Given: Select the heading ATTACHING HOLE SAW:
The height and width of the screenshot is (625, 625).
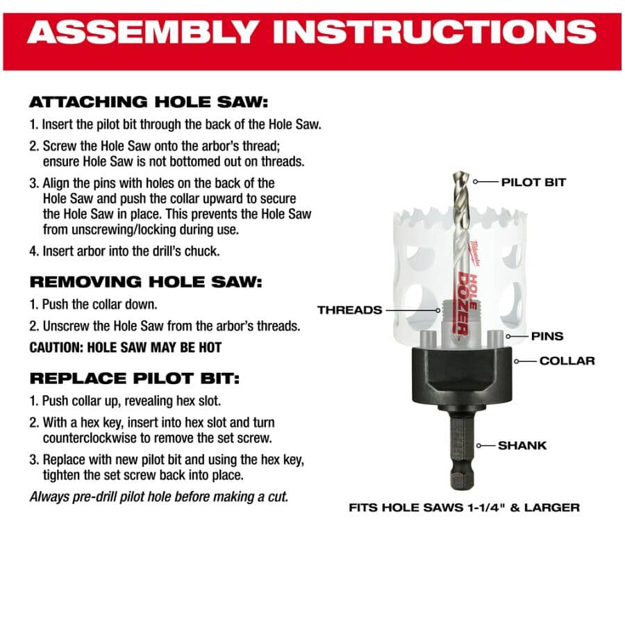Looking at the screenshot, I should tap(148, 102).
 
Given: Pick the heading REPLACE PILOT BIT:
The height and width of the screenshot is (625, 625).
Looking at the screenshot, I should tap(134, 378).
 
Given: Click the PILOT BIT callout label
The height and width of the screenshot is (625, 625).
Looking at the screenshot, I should tap(533, 183).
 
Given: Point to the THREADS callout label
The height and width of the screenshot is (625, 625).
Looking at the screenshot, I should tap(350, 310).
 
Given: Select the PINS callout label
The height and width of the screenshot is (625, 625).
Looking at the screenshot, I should tap(547, 336).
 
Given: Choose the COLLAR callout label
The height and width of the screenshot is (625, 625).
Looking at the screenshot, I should tap(567, 361).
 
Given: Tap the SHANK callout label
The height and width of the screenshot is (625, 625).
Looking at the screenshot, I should tap(522, 445).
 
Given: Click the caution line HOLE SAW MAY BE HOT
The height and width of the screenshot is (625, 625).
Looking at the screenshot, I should tap(126, 347).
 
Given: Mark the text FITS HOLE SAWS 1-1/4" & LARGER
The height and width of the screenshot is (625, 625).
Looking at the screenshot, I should tap(464, 508).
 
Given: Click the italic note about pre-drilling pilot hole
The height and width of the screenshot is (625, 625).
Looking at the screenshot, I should tap(159, 497).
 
